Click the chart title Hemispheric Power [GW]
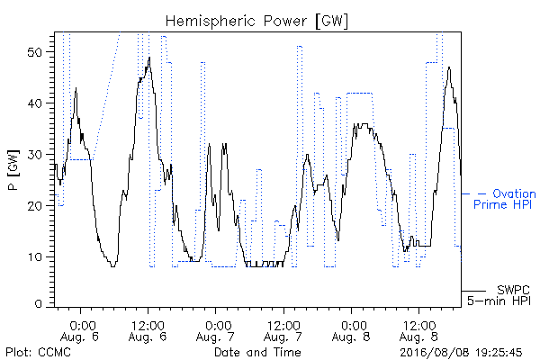coord(256,22)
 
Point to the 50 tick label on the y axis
coord(34,52)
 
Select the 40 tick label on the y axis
coord(34,103)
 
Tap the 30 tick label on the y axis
coord(34,155)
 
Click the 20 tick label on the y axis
coord(34,206)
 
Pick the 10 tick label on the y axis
coord(34,257)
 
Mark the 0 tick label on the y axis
coord(38,304)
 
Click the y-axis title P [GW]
coord(13,170)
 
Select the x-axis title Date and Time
coord(257,353)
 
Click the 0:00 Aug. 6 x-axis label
coord(80,331)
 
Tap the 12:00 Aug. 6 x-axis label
coord(148,331)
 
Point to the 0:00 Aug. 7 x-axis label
coord(216,331)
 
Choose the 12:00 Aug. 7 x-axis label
coord(283,331)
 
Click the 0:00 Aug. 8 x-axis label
coord(351,331)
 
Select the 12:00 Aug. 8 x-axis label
coord(419,331)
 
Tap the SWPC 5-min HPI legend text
coord(499,295)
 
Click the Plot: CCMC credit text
coord(38,353)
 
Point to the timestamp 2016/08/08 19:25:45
coord(461,353)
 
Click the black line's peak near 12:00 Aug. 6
coord(149,58)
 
